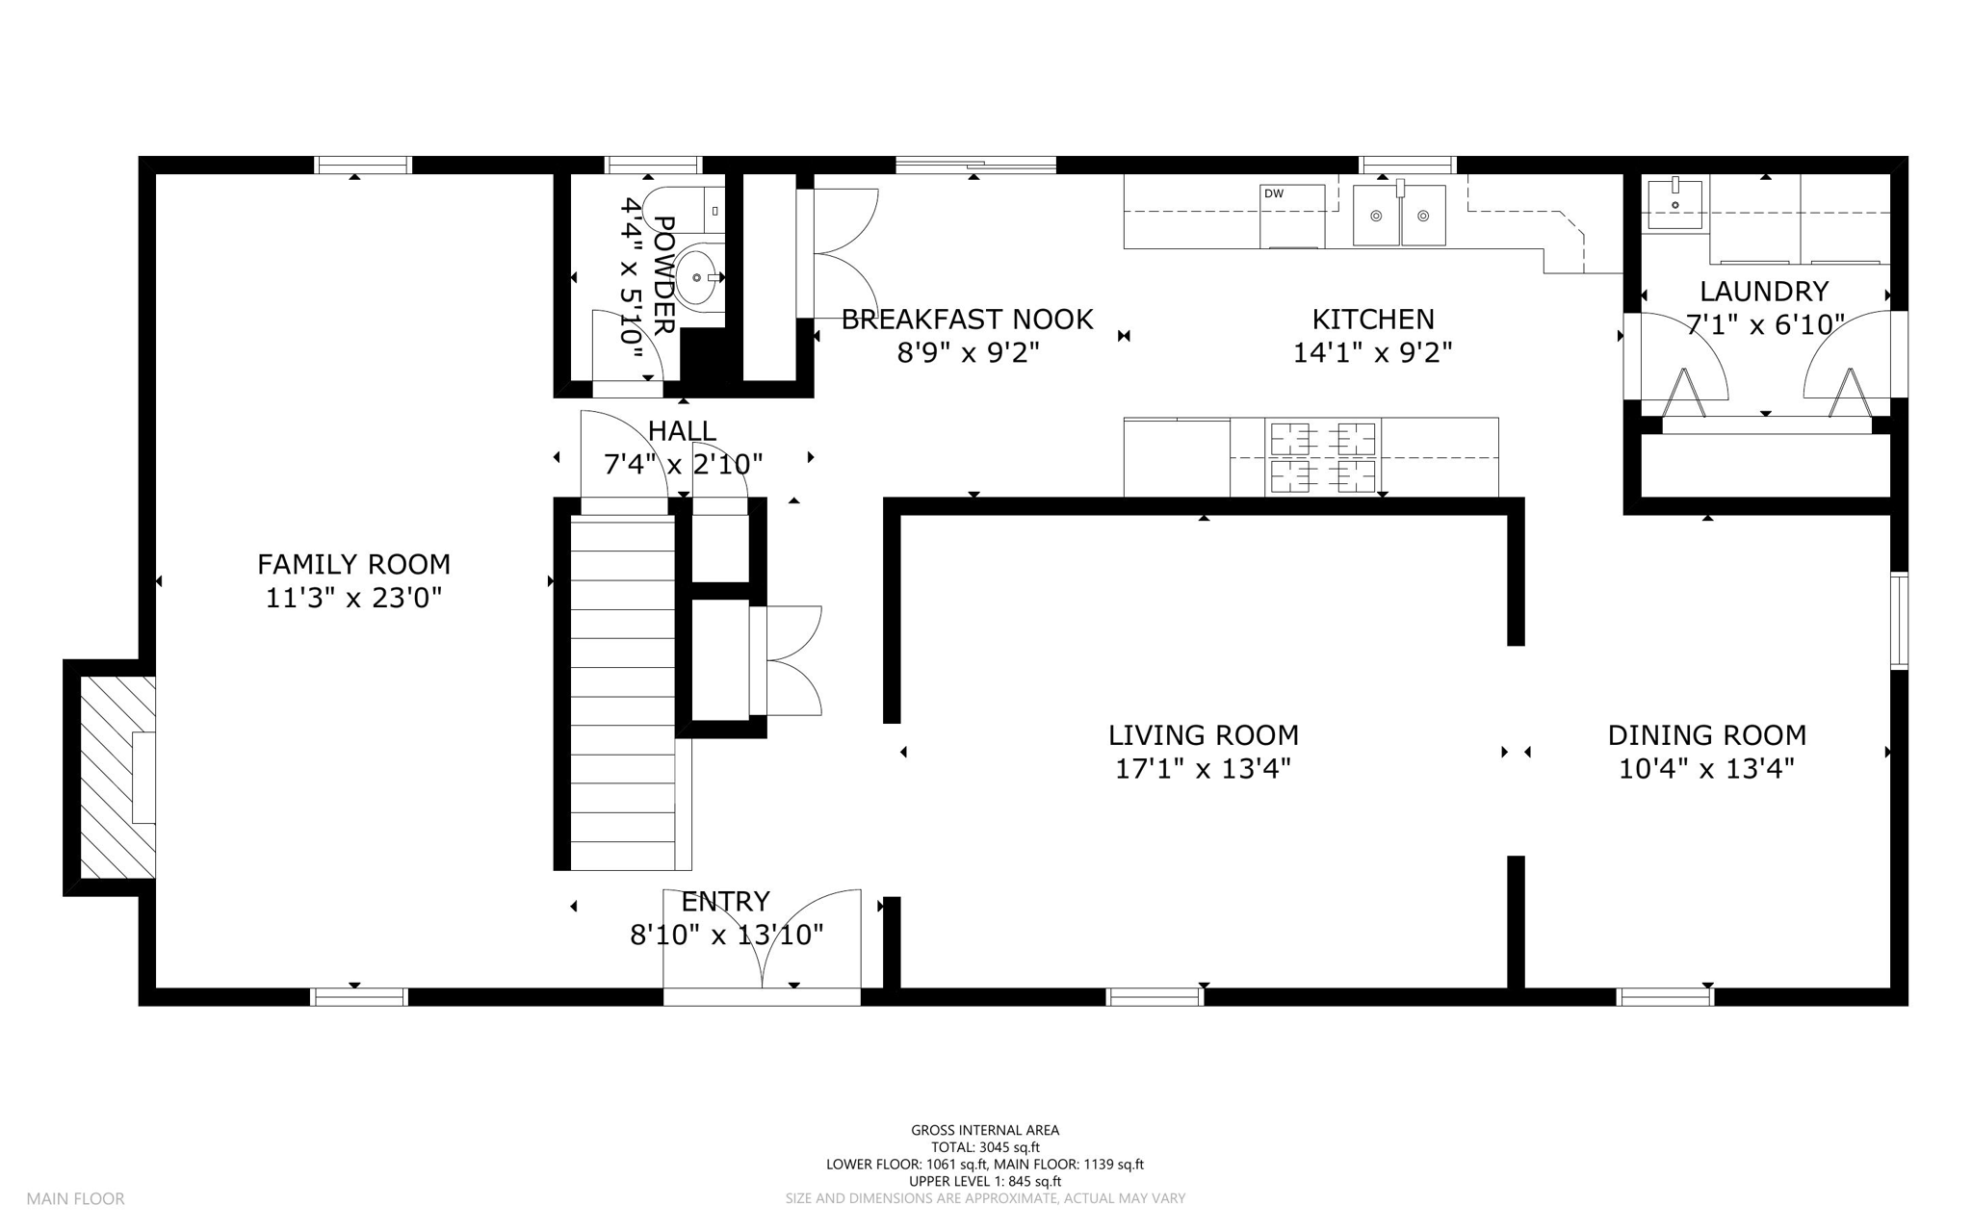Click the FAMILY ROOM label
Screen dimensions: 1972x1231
[353, 564]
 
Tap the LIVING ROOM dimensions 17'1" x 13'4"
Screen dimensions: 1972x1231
[1203, 769]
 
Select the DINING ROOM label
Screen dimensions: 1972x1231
[1706, 735]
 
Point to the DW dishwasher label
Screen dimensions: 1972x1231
[1274, 193]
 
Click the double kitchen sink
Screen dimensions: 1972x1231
[1399, 216]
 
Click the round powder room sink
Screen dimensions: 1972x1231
[696, 277]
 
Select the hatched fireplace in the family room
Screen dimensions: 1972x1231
[117, 778]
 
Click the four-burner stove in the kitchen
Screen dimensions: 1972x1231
[1323, 456]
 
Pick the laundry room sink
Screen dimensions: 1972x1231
[1674, 204]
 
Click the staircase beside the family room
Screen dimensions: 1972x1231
[623, 692]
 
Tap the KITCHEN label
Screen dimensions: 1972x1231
[1373, 320]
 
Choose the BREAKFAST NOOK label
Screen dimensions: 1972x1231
[967, 320]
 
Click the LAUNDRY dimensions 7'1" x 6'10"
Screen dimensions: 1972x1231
[1765, 325]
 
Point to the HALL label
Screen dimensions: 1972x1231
[682, 430]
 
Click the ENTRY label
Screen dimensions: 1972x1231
[725, 902]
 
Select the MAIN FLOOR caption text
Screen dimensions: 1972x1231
[75, 1199]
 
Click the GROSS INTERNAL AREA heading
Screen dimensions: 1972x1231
[985, 1131]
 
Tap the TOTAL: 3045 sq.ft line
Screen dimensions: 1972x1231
[985, 1147]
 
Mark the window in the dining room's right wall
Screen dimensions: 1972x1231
[1899, 621]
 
